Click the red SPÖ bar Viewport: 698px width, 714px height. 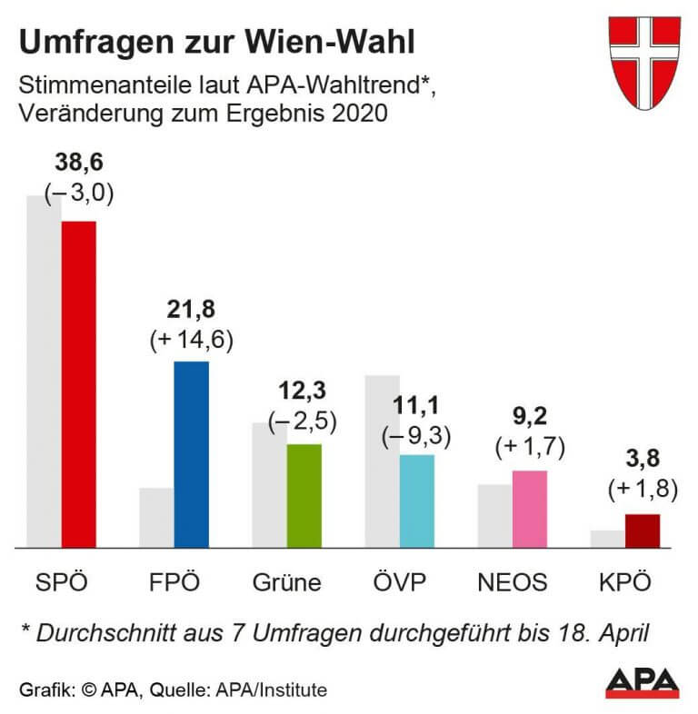pos(78,384)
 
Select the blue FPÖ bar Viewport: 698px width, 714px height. pos(191,454)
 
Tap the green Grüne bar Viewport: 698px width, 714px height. pos(304,496)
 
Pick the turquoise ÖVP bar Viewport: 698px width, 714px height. pos(416,501)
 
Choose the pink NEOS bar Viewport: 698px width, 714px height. pos(529,509)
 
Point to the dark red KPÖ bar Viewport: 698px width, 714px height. pos(642,531)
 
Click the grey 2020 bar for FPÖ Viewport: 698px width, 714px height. pos(155,518)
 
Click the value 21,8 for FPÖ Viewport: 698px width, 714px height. pos(191,311)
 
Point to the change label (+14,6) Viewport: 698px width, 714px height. pos(191,339)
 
